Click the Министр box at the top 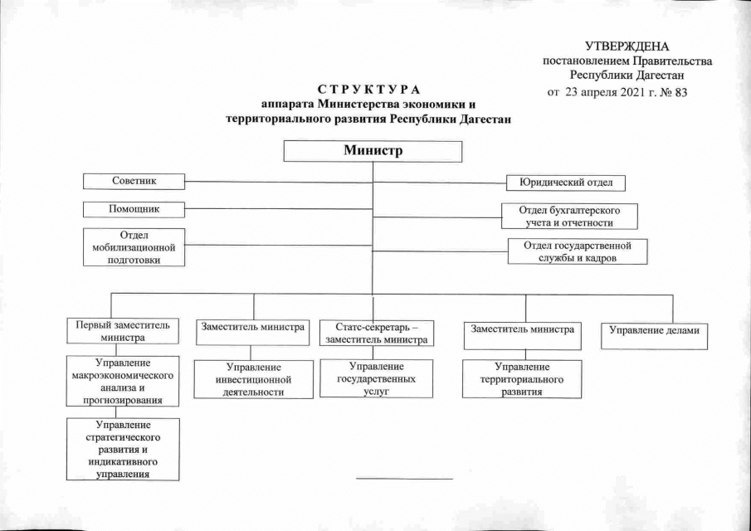coord(373,151)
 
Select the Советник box coord(134,180)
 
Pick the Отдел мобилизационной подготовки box coord(134,247)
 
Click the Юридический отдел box coord(566,183)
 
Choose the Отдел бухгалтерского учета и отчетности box coord(569,216)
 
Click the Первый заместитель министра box coord(122,332)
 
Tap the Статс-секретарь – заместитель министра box coord(377,332)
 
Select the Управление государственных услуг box coord(376,378)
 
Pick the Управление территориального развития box coord(522,378)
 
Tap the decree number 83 coord(681,91)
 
